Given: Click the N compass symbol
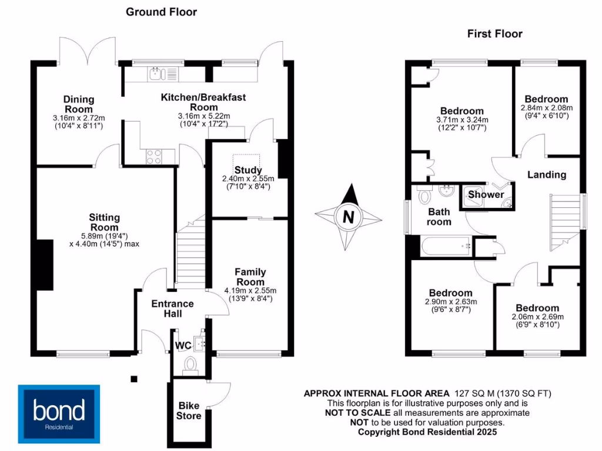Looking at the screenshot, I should [x=348, y=217].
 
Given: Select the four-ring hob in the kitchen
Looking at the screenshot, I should [x=153, y=157].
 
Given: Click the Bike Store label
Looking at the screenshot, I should [x=189, y=410].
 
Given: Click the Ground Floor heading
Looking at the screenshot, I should [x=161, y=12].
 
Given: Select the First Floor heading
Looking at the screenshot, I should [x=494, y=33].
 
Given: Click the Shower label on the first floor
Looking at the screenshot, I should [x=486, y=194].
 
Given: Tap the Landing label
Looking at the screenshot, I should [x=546, y=174].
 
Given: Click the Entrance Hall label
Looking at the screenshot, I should [x=172, y=308].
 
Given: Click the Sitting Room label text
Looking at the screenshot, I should [x=104, y=222].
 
